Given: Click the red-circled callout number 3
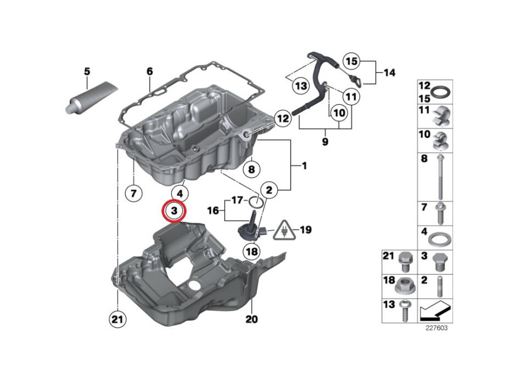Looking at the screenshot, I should (174, 211).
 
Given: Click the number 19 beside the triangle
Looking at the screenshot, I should (306, 230).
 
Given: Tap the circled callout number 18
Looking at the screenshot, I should (251, 251).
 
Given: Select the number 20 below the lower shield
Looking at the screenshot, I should (251, 319).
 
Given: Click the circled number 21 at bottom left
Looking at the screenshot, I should (117, 319).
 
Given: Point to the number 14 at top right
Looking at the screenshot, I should (389, 72).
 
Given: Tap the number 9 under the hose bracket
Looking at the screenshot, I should (324, 142).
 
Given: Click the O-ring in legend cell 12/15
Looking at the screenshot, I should (440, 91).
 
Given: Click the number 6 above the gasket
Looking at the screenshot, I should (149, 71).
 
